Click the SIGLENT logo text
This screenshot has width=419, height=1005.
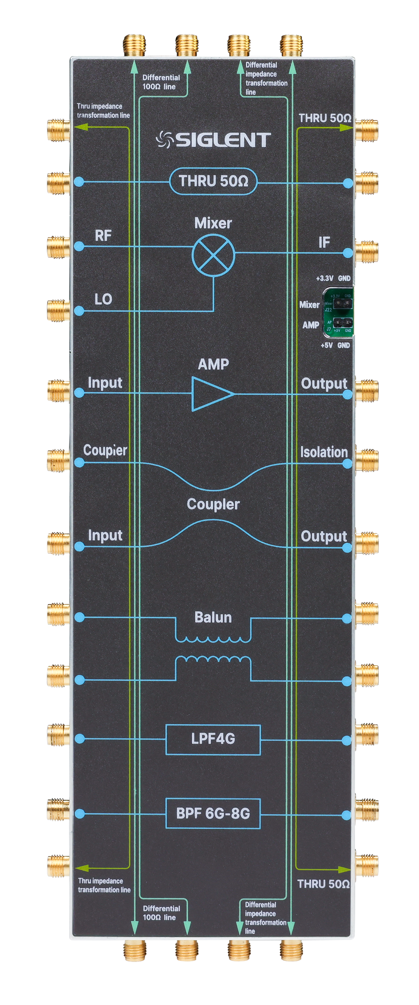(x=223, y=140)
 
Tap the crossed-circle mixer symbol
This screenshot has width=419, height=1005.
(x=213, y=256)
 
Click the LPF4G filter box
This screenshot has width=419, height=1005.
(x=213, y=739)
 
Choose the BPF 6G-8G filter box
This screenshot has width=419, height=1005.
(x=213, y=814)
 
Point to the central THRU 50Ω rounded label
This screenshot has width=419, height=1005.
(x=213, y=181)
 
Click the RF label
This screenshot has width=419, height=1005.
(x=103, y=236)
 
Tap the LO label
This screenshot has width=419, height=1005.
(x=103, y=299)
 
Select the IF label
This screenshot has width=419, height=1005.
(x=324, y=243)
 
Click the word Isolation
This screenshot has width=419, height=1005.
(x=324, y=452)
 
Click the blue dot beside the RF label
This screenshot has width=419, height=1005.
(x=79, y=246)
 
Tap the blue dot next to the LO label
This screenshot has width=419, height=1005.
(x=79, y=311)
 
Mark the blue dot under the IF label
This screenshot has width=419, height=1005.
(x=348, y=253)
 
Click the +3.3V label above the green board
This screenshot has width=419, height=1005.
(x=324, y=279)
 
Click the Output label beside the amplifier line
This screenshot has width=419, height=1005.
(x=324, y=384)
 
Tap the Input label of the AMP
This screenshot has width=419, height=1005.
(x=105, y=383)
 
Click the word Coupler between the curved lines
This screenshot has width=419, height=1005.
(x=213, y=504)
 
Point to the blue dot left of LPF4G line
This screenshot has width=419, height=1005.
(x=80, y=739)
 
